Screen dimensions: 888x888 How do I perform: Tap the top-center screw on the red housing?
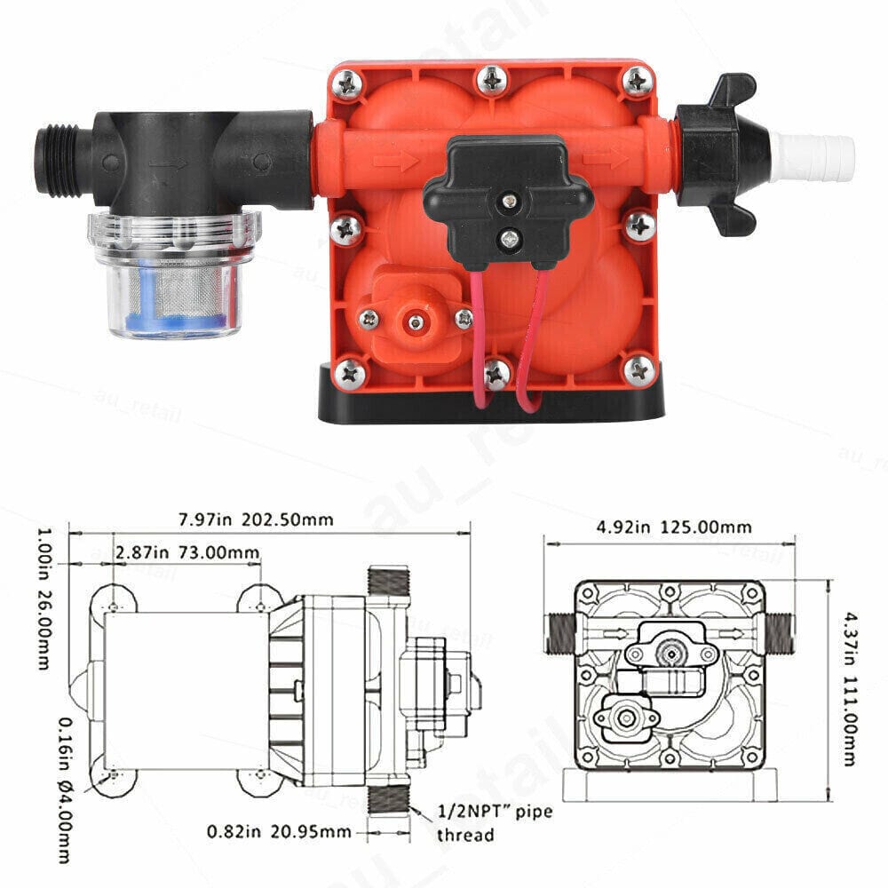pos(491,83)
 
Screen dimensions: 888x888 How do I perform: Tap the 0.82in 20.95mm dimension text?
pos(279,832)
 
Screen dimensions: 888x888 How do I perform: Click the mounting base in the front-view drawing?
pos(670,787)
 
